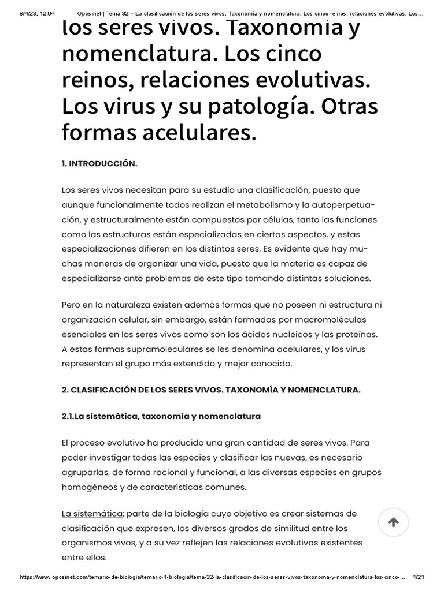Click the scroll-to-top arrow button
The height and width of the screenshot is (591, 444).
click(x=393, y=522)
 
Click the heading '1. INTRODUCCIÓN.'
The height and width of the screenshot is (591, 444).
click(x=99, y=163)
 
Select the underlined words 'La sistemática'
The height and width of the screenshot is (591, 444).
click(x=92, y=514)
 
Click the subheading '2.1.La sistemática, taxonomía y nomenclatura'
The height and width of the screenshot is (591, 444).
click(x=161, y=416)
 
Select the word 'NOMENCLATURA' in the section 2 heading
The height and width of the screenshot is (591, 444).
click(x=325, y=390)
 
